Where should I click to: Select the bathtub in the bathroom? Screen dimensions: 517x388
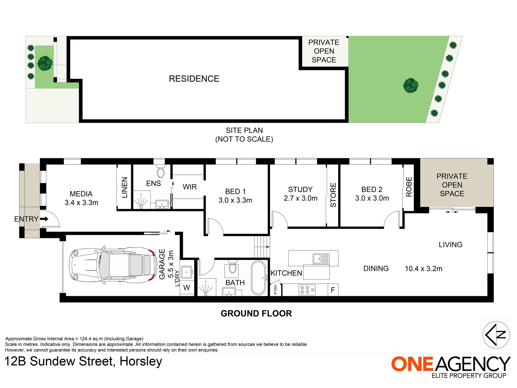click(x=258, y=278)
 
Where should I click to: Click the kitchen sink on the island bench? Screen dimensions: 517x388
click(x=321, y=258)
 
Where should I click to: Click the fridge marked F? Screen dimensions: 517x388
click(x=333, y=290)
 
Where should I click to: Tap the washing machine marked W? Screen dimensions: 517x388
click(x=187, y=288)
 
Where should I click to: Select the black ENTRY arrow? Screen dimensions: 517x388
click(x=44, y=219)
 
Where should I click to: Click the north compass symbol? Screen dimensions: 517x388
click(x=496, y=335)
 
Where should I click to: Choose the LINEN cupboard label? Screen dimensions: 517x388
click(x=124, y=187)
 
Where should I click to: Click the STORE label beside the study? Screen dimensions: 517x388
click(x=333, y=195)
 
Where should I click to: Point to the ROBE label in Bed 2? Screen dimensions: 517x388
click(x=409, y=187)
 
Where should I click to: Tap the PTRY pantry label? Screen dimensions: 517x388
click(x=276, y=289)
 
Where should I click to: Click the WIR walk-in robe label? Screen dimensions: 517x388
click(x=190, y=187)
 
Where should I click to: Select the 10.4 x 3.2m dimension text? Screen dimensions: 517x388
click(x=423, y=269)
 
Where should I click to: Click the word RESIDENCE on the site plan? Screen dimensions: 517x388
click(x=194, y=79)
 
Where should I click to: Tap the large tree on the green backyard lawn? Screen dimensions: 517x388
click(x=411, y=85)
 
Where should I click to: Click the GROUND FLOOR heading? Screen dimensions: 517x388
click(x=256, y=313)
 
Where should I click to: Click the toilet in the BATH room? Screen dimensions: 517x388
click(x=232, y=267)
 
